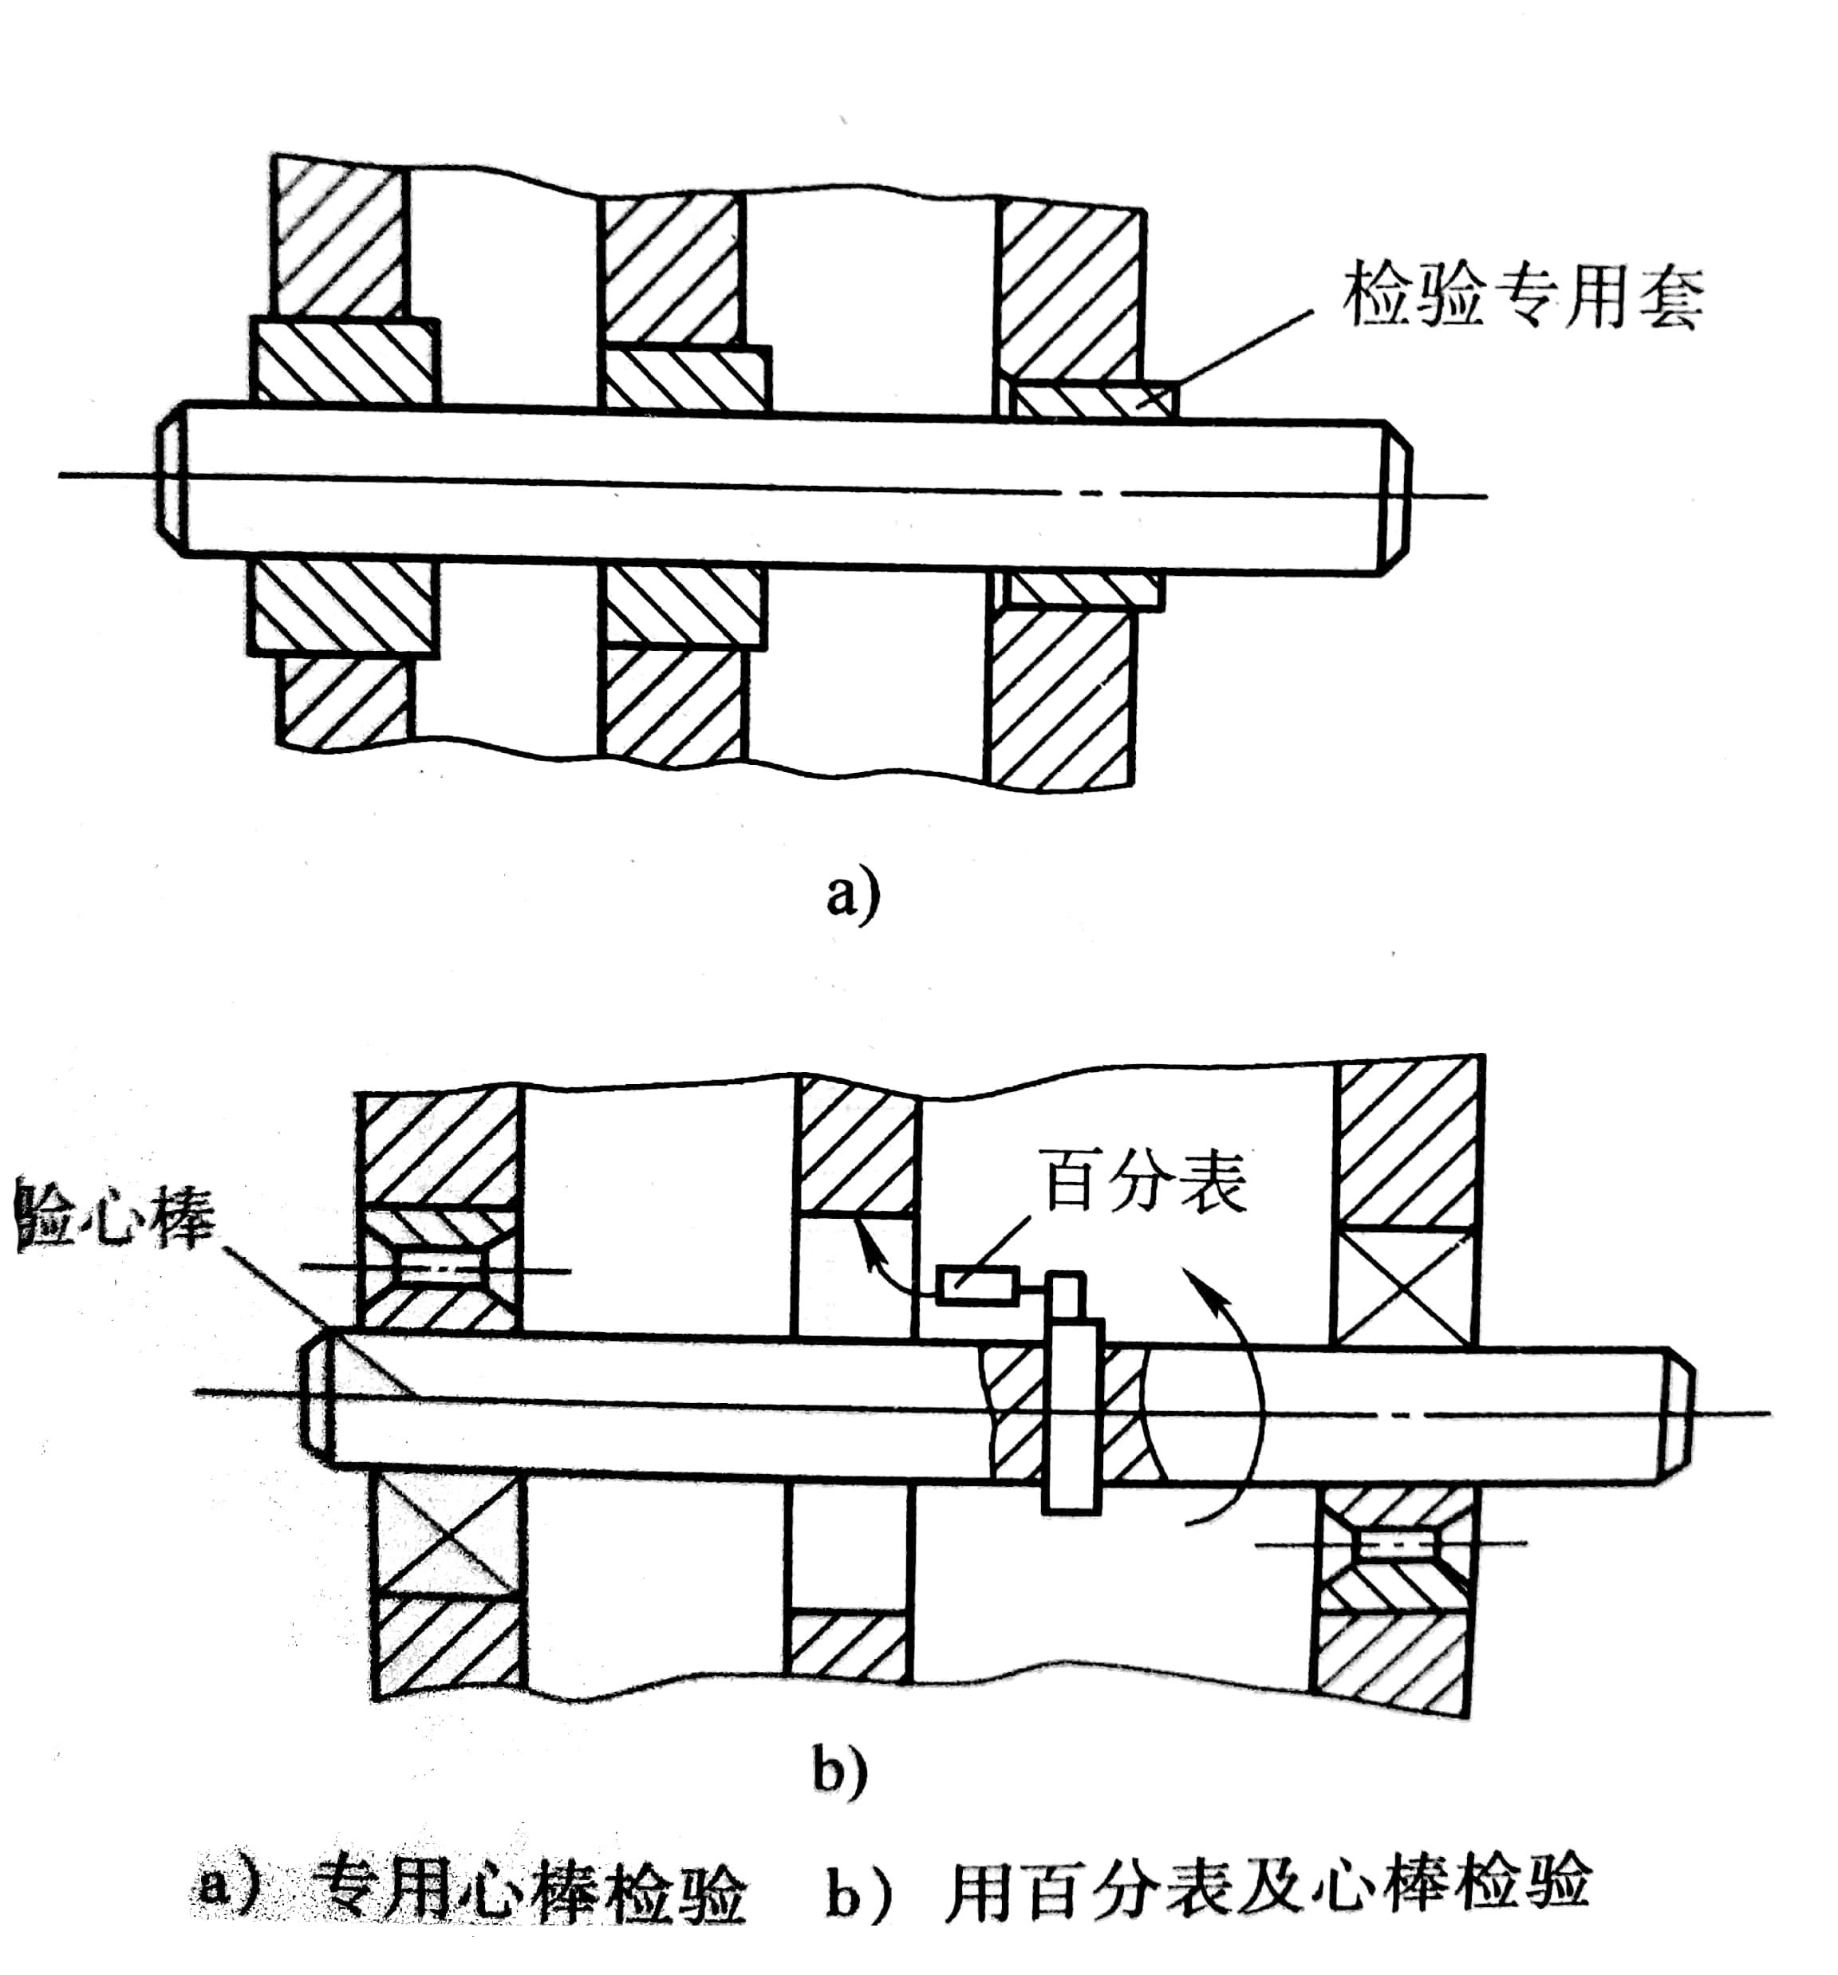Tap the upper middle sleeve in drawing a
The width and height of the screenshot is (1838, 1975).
(x=685, y=377)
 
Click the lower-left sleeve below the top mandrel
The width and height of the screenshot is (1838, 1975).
(x=344, y=607)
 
